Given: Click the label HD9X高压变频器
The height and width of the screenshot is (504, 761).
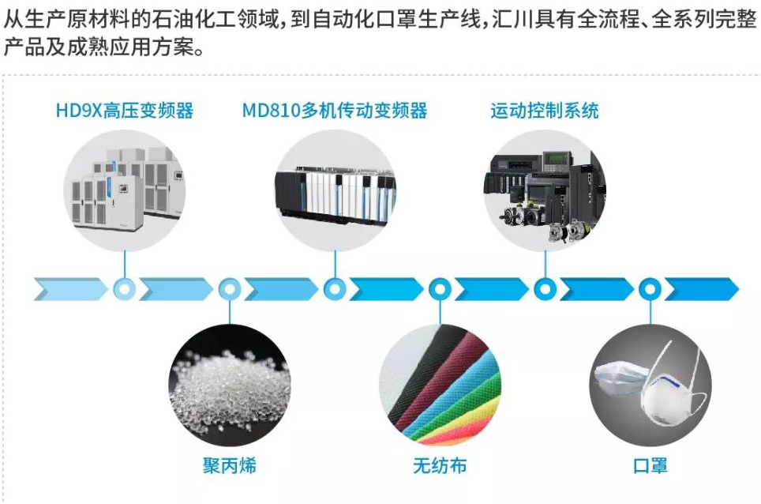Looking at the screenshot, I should coord(124,110).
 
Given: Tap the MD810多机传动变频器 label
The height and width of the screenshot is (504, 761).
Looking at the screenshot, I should coord(335,110).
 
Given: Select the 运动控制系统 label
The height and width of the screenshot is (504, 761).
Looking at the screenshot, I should coord(544,110).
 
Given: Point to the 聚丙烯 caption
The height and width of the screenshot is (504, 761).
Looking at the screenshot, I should coord(229,465).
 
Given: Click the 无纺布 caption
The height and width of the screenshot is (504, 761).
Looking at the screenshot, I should coord(440,465).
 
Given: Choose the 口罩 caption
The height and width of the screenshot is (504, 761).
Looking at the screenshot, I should coord(650,465).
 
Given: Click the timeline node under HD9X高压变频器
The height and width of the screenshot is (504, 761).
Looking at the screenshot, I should coord(124,289).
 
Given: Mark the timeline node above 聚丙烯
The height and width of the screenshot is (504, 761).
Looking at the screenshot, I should coord(229,289).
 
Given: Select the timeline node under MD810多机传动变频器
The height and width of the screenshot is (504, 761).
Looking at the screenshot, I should coord(335,289).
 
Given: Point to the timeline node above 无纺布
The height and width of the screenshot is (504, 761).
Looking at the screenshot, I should coord(440,289).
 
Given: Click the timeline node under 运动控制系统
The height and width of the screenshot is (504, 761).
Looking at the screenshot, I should coord(545,289).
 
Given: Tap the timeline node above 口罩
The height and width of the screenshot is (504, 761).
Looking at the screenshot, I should coord(650,289).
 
